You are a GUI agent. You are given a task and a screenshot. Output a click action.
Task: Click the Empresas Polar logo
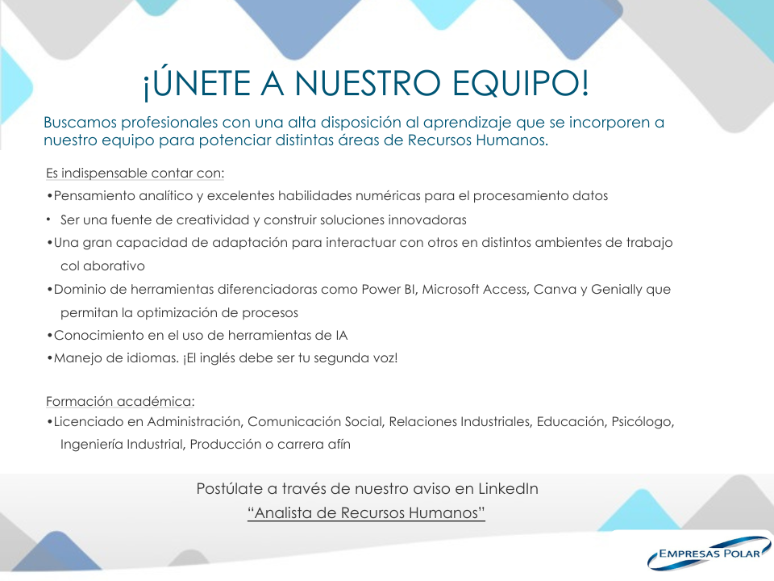pyautogui.click(x=709, y=552)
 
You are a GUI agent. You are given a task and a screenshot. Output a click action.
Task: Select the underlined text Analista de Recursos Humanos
pyautogui.click(x=366, y=513)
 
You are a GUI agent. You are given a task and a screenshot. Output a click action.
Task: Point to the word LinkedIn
pyautogui.click(x=508, y=489)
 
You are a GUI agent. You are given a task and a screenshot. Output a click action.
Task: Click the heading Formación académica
pyautogui.click(x=120, y=401)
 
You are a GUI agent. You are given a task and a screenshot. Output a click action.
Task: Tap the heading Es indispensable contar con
pyautogui.click(x=135, y=173)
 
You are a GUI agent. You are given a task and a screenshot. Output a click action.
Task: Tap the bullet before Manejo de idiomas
pyautogui.click(x=49, y=358)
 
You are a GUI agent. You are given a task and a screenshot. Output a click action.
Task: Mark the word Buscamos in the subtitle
pyautogui.click(x=81, y=122)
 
